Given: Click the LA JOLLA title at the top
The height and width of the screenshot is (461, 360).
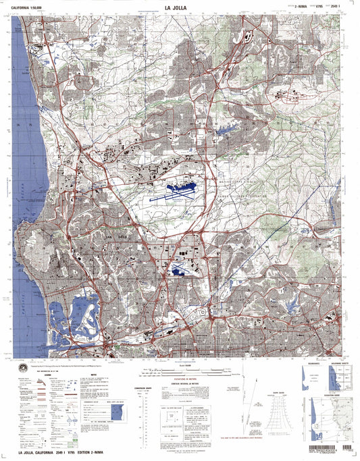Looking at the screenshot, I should tap(179, 8).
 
